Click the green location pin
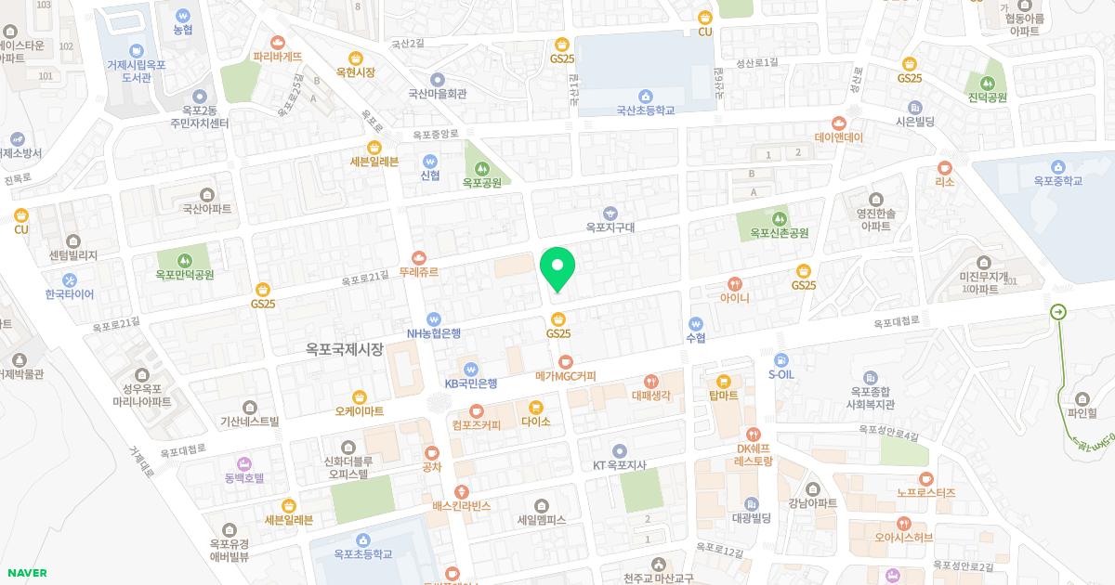point(557,269)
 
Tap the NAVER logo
point(25,573)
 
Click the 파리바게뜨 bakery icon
point(278,42)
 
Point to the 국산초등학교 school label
point(645,110)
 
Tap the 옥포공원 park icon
point(481,168)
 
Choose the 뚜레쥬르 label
point(418,273)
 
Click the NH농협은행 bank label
point(434,332)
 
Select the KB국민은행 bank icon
point(471,368)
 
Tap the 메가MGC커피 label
point(566,376)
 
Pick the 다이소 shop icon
point(536,407)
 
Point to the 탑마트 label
point(723,395)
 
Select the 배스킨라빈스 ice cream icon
point(461,491)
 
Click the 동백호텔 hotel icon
point(244,462)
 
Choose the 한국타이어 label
point(70,294)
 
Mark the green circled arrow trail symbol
point(1058,312)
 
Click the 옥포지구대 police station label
point(610,227)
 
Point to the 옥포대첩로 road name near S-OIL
point(896,323)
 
